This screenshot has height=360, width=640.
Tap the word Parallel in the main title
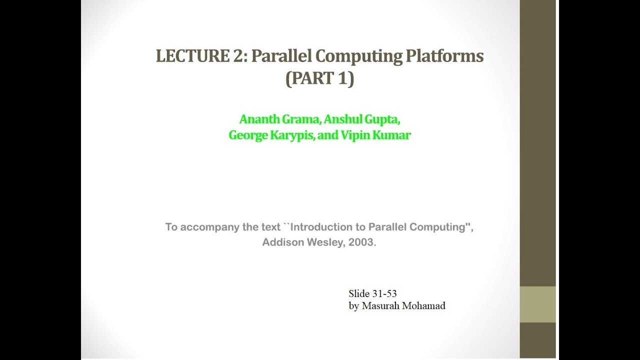280,56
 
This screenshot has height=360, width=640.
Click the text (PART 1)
319,79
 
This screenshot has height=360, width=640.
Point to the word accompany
210,227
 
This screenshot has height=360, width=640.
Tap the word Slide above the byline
359,293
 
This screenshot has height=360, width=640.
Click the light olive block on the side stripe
537,304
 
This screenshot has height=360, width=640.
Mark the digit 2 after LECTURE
237,56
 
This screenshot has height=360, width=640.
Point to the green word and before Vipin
328,135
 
